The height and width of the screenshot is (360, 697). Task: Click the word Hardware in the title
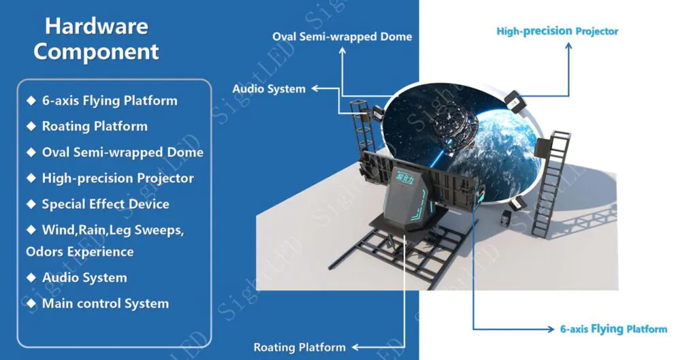(x=97, y=27)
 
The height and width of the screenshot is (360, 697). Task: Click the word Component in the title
(x=97, y=52)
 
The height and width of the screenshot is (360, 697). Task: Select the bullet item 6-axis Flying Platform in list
(x=109, y=101)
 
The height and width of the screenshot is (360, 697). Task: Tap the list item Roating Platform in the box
(x=94, y=127)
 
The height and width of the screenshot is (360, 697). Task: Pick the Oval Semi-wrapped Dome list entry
(x=122, y=152)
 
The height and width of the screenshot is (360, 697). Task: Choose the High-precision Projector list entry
(x=117, y=178)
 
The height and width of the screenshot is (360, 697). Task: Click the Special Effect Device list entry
(x=105, y=204)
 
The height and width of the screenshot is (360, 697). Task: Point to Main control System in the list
(x=105, y=304)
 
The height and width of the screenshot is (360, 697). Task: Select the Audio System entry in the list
(x=84, y=278)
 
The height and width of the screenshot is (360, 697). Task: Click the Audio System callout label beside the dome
(x=269, y=88)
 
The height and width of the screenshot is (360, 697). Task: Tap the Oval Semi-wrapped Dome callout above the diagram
(x=342, y=36)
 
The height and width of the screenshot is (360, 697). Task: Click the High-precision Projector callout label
(x=557, y=31)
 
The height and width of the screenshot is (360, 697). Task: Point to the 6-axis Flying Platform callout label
(x=613, y=329)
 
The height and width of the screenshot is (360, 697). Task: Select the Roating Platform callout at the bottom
(x=299, y=348)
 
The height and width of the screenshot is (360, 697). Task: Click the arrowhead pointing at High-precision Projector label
(x=568, y=45)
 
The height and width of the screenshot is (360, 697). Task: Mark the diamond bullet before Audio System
(x=30, y=278)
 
